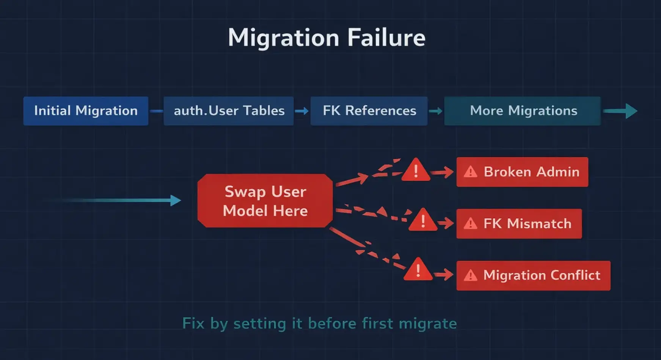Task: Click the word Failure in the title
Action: coord(386,38)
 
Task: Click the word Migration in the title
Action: coord(284,38)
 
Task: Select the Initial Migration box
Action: coord(86,111)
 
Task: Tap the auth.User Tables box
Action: coord(229,111)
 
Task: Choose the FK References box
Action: coord(369,111)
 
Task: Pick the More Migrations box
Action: coord(523,111)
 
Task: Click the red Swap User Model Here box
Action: coord(265,201)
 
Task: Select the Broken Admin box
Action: coord(522,172)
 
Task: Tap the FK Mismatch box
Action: coord(519,224)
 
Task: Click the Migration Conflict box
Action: coord(533,275)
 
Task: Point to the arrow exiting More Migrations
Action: coord(620,111)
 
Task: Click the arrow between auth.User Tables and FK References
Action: coord(302,111)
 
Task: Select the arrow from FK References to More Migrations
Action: coord(436,111)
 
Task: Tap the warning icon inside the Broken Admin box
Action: coord(471,172)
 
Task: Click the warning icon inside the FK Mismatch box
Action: coord(471,224)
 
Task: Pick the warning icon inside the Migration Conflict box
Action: coord(471,275)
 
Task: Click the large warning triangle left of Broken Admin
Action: coord(416,170)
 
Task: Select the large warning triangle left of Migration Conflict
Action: coord(418,270)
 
